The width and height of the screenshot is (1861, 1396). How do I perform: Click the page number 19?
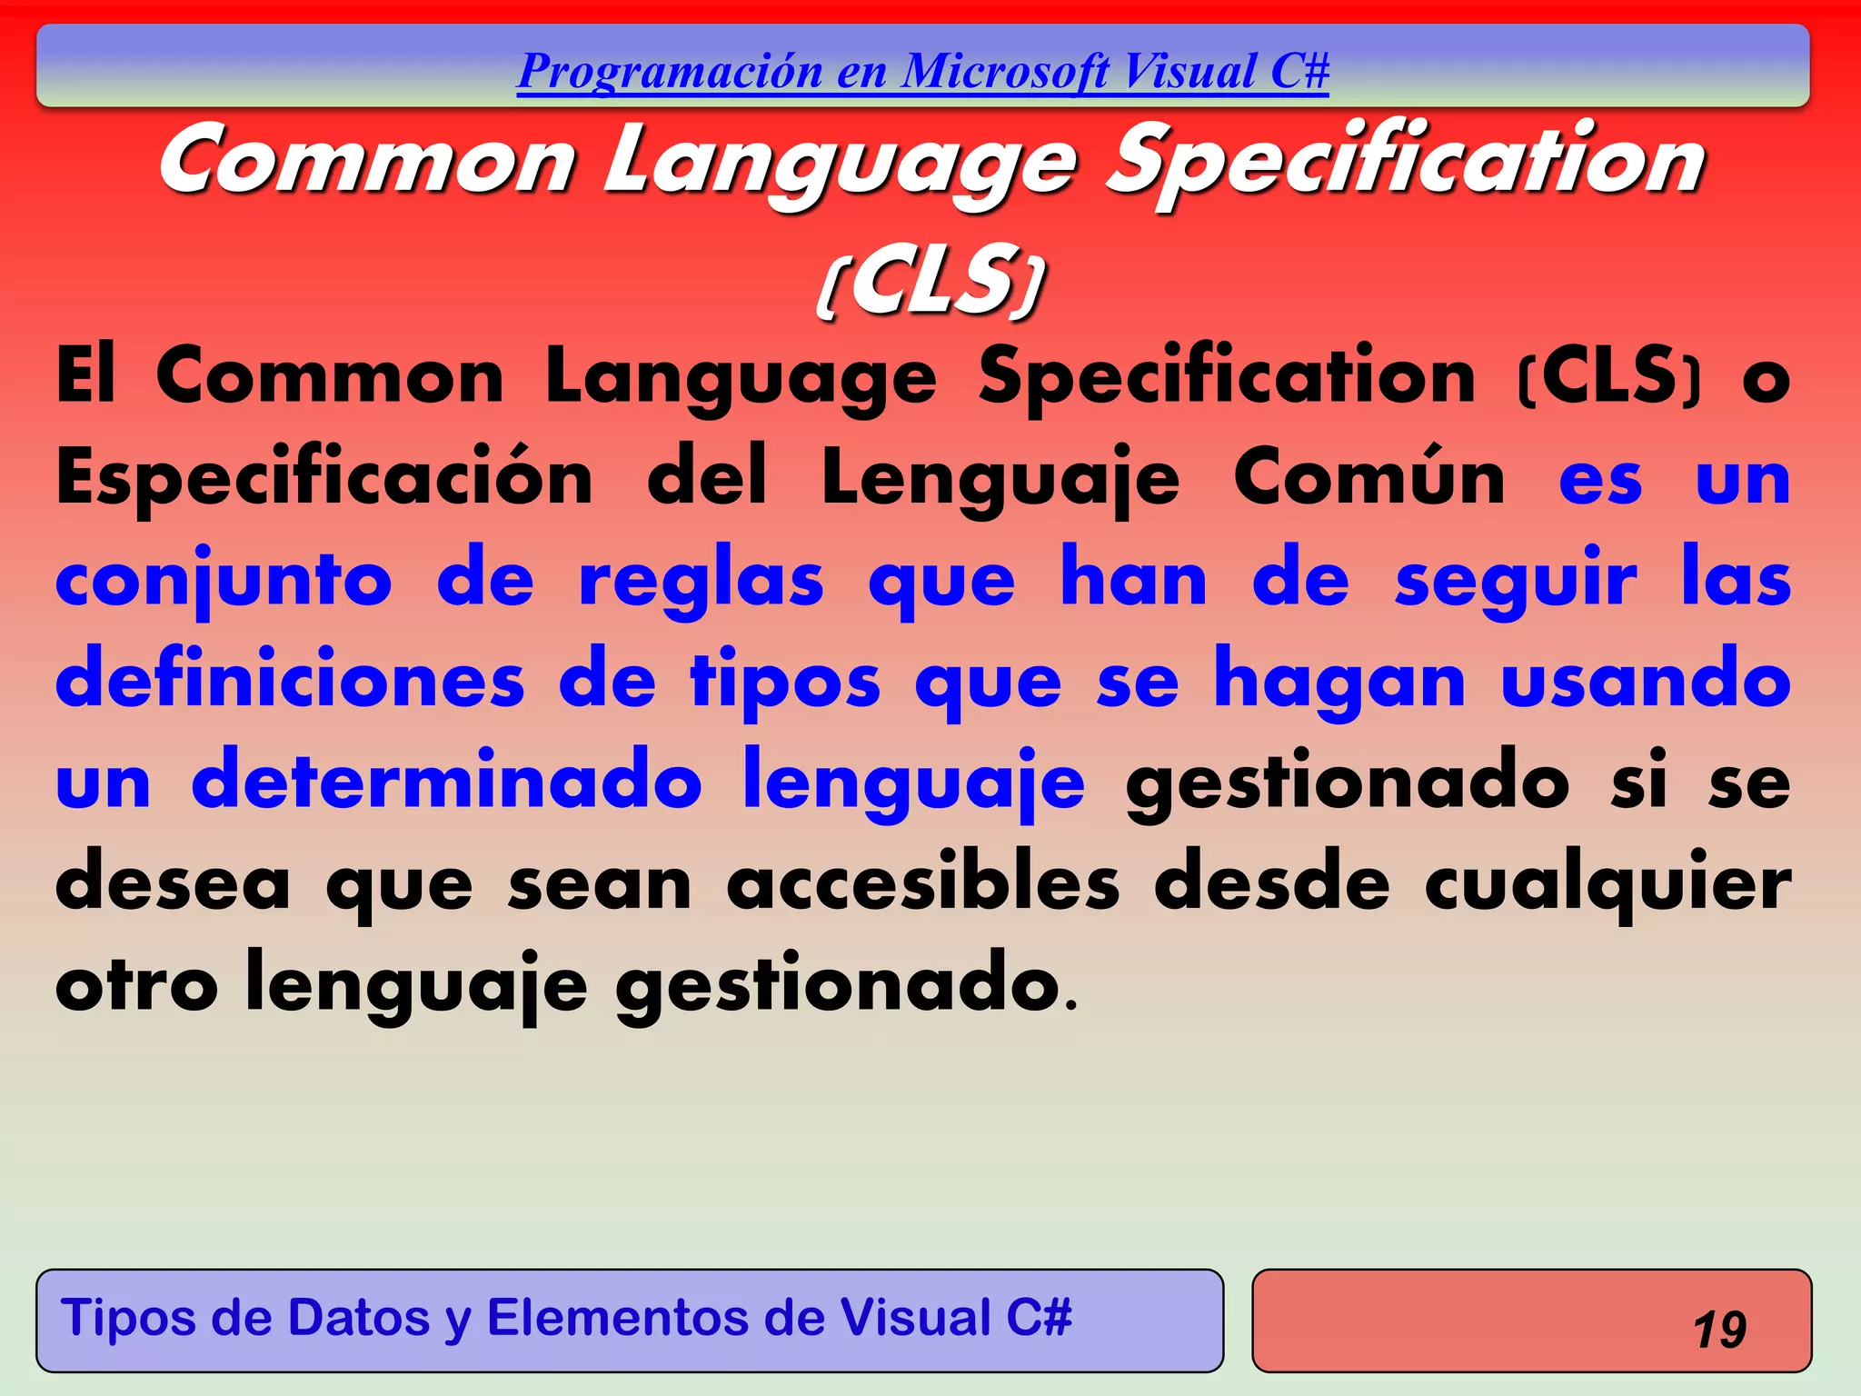point(1719,1330)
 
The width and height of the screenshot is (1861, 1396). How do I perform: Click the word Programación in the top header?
point(670,72)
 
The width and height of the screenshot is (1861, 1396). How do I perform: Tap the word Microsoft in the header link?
point(1005,72)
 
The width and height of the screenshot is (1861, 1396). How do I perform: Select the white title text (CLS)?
point(930,281)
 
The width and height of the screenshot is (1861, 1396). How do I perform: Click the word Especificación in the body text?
point(324,479)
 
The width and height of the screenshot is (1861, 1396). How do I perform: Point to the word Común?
point(1368,479)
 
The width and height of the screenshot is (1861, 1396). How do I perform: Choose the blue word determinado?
point(446,782)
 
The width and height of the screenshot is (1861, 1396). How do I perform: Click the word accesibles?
point(923,883)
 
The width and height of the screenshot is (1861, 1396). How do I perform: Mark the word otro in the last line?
point(136,985)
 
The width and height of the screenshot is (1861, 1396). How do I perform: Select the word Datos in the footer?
point(358,1318)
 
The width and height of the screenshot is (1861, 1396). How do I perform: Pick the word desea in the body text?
point(172,883)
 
